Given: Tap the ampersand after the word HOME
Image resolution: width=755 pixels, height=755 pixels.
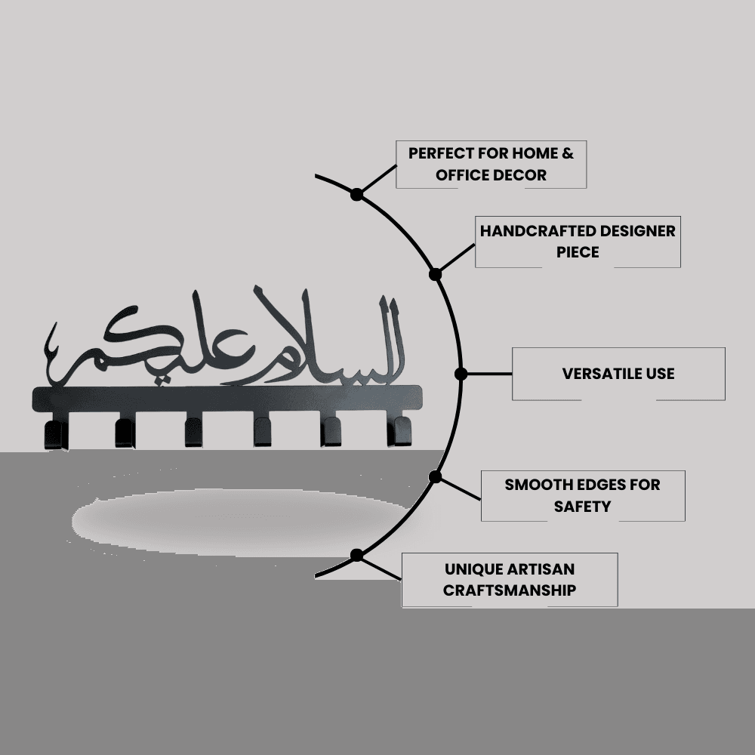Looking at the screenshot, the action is (x=569, y=153).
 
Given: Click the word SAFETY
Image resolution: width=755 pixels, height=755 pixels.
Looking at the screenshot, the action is (x=582, y=507).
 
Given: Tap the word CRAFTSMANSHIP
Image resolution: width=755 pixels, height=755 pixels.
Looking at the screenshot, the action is (x=510, y=590).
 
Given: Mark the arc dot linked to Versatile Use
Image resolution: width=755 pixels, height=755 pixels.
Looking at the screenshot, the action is (x=461, y=374).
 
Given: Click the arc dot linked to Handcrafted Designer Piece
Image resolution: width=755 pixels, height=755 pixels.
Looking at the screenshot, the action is (x=436, y=275).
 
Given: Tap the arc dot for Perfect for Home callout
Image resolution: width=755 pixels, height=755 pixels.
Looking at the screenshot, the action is (x=357, y=195).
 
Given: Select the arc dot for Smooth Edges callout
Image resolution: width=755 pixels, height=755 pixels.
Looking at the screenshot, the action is (x=436, y=476).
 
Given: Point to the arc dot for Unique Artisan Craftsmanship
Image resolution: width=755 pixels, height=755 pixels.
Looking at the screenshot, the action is (x=357, y=555).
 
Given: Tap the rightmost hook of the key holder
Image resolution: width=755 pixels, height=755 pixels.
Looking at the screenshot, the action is (x=399, y=431).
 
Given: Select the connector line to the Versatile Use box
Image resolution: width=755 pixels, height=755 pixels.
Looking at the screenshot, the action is (x=490, y=374).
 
